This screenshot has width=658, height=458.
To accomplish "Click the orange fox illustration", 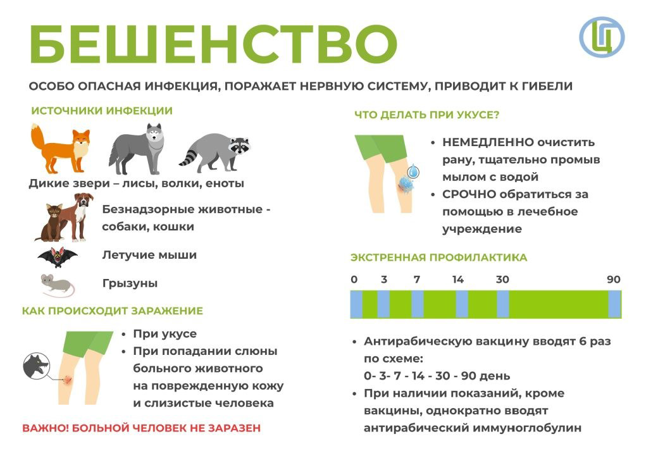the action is pyautogui.click(x=61, y=149).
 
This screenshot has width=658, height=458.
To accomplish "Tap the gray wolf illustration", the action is pyautogui.click(x=135, y=149).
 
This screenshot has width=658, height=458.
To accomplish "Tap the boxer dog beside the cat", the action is pyautogui.click(x=75, y=216).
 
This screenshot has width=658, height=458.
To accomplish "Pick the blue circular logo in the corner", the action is pyautogui.click(x=602, y=37).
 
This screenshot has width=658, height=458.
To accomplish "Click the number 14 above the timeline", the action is pyautogui.click(x=458, y=280).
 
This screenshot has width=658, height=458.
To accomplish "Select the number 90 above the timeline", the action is pyautogui.click(x=614, y=280).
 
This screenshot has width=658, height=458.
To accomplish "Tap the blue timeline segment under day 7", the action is pyautogui.click(x=417, y=304).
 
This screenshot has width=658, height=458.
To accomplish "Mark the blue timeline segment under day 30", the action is pyautogui.click(x=503, y=304).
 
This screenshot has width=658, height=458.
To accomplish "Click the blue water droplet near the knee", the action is pyautogui.click(x=413, y=171).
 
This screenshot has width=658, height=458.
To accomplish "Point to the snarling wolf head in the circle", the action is pyautogui.click(x=37, y=366).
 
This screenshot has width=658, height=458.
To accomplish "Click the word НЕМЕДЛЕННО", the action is pyautogui.click(x=488, y=142).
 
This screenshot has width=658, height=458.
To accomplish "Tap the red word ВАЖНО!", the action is pyautogui.click(x=46, y=428).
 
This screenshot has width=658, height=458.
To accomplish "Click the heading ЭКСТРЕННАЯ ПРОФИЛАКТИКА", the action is pyautogui.click(x=438, y=257).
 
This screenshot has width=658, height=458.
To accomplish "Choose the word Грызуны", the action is pyautogui.click(x=130, y=283).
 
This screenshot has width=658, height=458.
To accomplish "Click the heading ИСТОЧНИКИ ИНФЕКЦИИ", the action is pyautogui.click(x=102, y=111).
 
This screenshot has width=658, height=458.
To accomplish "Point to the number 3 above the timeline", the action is pyautogui.click(x=384, y=280).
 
